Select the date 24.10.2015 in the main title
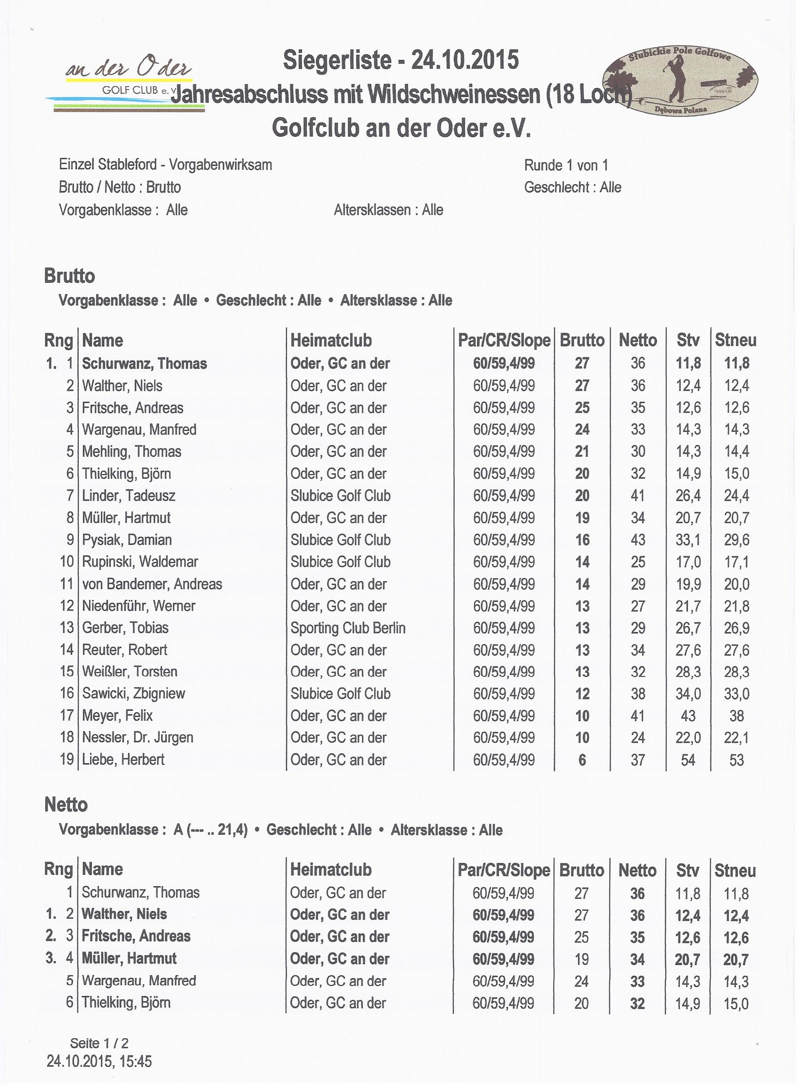pyautogui.click(x=465, y=61)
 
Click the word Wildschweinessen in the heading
pyautogui.click(x=454, y=94)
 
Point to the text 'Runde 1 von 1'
pyautogui.click(x=566, y=166)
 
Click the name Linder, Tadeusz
pyautogui.click(x=129, y=496)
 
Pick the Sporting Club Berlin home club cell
pyautogui.click(x=348, y=628)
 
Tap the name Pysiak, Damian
pyautogui.click(x=127, y=540)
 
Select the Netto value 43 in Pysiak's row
pyautogui.click(x=638, y=540)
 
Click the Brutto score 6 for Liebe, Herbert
pyautogui.click(x=582, y=760)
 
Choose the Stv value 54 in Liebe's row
pyautogui.click(x=688, y=760)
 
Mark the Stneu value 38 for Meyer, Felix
pyautogui.click(x=736, y=716)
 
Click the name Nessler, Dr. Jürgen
pyautogui.click(x=138, y=738)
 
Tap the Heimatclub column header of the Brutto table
pyautogui.click(x=331, y=340)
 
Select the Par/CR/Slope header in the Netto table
pyautogui.click(x=504, y=870)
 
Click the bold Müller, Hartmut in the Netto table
pyautogui.click(x=129, y=958)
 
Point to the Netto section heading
pyautogui.click(x=66, y=805)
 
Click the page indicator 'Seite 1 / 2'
pyautogui.click(x=99, y=1043)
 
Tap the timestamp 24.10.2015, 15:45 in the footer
pyautogui.click(x=99, y=1062)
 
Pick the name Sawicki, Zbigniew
pyautogui.click(x=133, y=694)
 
